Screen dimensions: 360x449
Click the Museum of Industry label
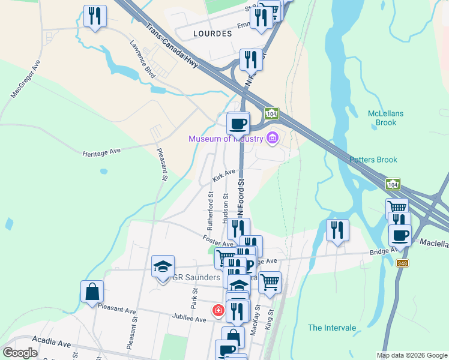coord(226,139)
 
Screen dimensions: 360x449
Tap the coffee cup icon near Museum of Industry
coord(238,123)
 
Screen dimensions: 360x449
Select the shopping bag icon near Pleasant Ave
coord(92,292)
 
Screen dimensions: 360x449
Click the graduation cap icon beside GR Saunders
coord(162,266)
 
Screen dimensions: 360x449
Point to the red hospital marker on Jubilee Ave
coord(218,310)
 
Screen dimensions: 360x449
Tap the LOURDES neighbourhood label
coord(212,34)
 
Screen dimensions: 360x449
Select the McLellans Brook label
coord(382,118)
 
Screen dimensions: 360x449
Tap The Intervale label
coord(332,328)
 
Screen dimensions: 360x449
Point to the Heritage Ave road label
coord(102,152)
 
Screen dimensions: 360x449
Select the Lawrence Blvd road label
coord(142,59)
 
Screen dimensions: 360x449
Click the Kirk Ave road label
coord(223,176)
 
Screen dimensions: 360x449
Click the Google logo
coord(20,353)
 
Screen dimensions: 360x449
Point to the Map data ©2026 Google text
coord(411,355)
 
